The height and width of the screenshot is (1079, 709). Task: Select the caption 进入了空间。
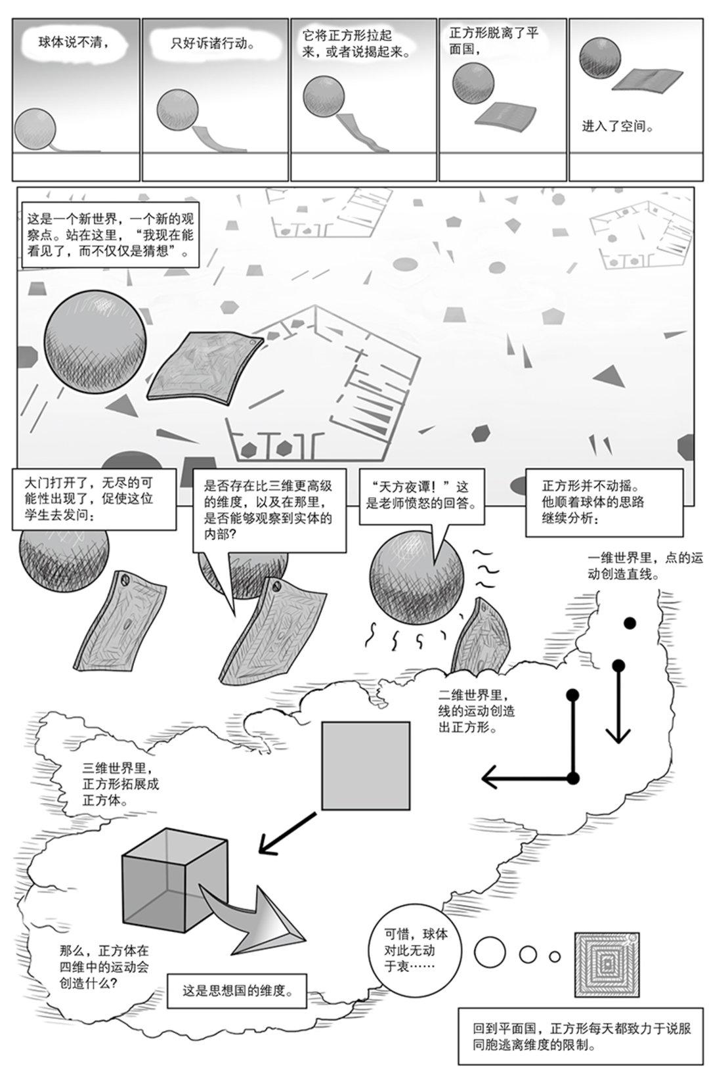pyautogui.click(x=617, y=126)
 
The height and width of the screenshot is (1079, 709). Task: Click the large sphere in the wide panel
pyautogui.click(x=95, y=341)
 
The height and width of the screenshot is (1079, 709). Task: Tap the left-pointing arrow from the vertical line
pyautogui.click(x=525, y=779)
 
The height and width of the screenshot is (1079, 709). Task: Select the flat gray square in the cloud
pyautogui.click(x=366, y=765)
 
